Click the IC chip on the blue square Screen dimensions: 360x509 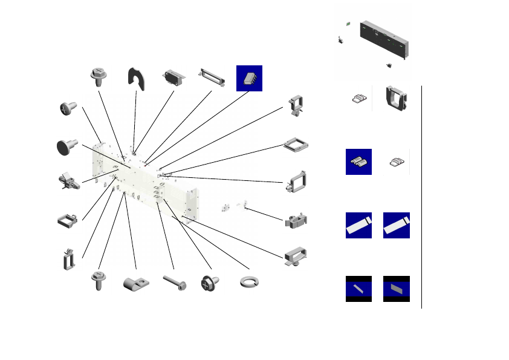click(x=249, y=79)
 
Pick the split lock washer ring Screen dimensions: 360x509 click(x=249, y=282)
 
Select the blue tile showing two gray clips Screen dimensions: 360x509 click(x=358, y=162)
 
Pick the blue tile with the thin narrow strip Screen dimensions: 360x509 click(x=358, y=289)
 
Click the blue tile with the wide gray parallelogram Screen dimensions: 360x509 click(x=397, y=289)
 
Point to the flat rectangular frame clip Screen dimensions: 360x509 click(x=296, y=144)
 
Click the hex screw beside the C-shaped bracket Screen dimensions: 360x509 click(x=99, y=77)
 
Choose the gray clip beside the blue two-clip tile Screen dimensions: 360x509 click(x=397, y=162)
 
